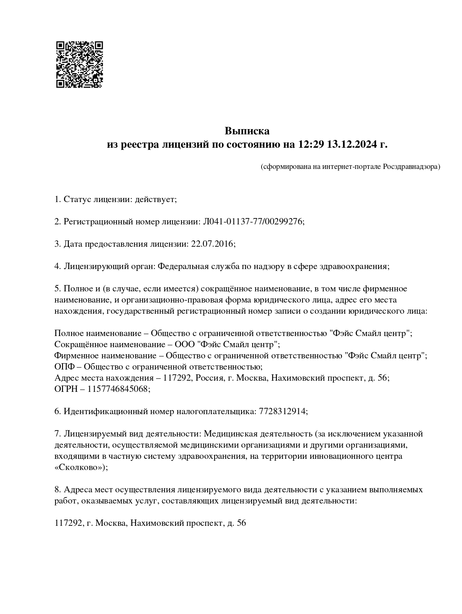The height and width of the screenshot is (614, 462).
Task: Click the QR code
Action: pos(79,64)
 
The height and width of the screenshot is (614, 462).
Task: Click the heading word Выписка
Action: pos(247,131)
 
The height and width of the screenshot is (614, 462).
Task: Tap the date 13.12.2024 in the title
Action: pos(351,144)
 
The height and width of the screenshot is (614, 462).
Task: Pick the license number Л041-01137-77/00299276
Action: pos(253,222)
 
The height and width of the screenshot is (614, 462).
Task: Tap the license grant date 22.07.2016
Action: pos(212,244)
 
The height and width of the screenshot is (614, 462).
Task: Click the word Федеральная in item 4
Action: pos(181,266)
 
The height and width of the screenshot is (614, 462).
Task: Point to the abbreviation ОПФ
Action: pos(63,367)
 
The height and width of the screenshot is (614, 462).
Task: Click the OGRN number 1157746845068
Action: pos(118,389)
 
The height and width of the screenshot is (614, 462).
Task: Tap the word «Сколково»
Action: pos(80,467)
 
